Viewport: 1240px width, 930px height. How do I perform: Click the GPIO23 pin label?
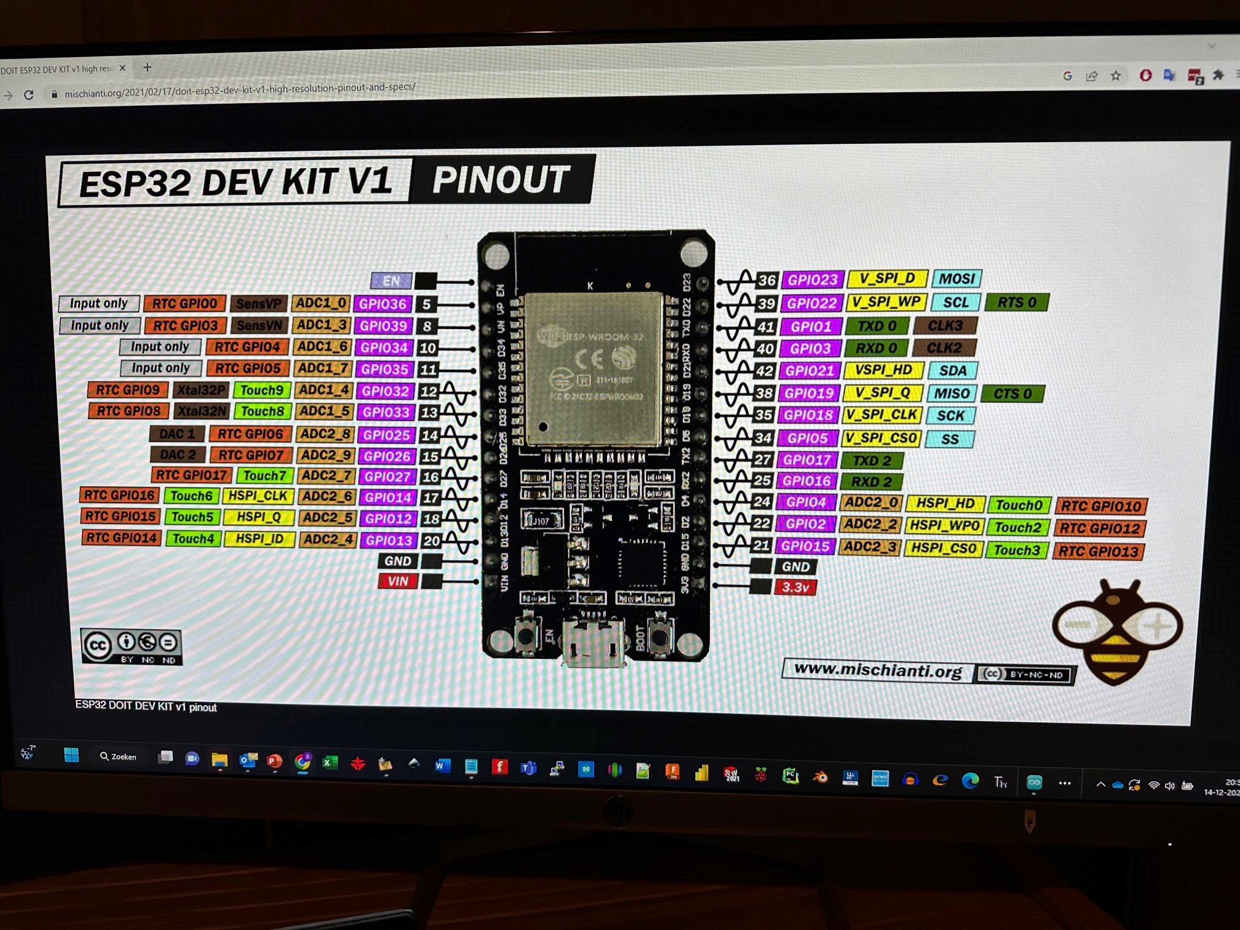click(x=813, y=280)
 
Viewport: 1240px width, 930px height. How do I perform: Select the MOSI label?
click(x=956, y=279)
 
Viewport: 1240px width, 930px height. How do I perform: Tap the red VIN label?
click(x=397, y=581)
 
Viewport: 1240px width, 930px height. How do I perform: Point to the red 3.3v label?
click(x=795, y=587)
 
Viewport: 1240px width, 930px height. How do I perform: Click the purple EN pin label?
click(x=391, y=281)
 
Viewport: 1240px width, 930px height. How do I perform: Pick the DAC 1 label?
click(x=177, y=434)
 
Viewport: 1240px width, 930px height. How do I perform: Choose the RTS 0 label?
click(x=1017, y=303)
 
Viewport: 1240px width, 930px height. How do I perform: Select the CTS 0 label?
click(x=1012, y=394)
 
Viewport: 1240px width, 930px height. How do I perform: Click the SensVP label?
click(x=258, y=303)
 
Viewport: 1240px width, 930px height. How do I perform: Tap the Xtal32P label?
click(x=201, y=390)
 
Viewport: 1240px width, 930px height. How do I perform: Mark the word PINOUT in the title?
click(x=501, y=180)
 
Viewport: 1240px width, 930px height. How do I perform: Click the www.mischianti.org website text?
click(x=878, y=670)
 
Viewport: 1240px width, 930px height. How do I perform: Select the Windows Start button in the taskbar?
click(x=71, y=755)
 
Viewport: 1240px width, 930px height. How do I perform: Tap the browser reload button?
click(x=29, y=95)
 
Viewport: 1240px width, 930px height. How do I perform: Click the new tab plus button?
click(x=147, y=67)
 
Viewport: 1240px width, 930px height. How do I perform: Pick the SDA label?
click(x=953, y=370)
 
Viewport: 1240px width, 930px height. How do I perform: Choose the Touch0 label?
click(x=1019, y=505)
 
